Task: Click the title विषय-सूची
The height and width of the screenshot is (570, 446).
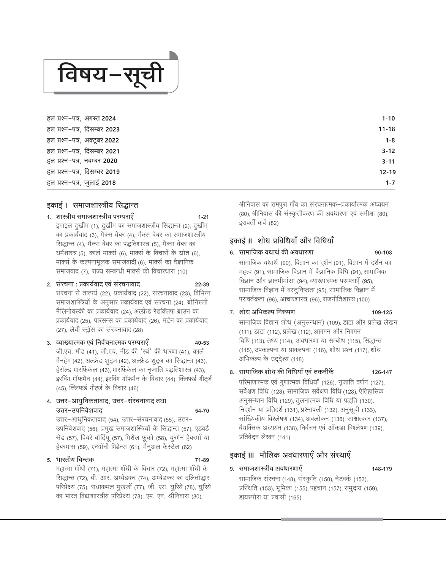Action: (x=110, y=74)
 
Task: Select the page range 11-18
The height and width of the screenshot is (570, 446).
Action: (x=387, y=129)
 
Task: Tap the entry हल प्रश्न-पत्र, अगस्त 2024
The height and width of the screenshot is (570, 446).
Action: (x=81, y=119)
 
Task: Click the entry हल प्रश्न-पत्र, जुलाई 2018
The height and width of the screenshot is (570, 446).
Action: (x=81, y=183)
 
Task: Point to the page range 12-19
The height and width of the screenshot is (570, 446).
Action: (x=387, y=172)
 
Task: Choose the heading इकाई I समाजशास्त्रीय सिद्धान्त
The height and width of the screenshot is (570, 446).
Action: (x=92, y=205)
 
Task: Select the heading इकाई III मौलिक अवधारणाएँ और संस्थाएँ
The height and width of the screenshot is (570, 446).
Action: (x=290, y=455)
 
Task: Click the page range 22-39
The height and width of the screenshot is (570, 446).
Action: (x=202, y=285)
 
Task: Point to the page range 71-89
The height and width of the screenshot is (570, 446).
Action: (x=202, y=460)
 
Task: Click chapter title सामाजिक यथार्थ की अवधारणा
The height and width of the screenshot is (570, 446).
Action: (x=276, y=252)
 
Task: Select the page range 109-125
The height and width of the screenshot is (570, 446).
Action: (x=382, y=312)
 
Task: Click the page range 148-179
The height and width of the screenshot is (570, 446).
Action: (x=382, y=469)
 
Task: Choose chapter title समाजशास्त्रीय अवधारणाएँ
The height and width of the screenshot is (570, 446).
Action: (x=270, y=469)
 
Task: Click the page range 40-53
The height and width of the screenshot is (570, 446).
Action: (x=202, y=343)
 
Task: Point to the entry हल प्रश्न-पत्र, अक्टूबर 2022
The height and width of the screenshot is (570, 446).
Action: (x=83, y=140)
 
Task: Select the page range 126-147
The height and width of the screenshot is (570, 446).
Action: (x=382, y=372)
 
